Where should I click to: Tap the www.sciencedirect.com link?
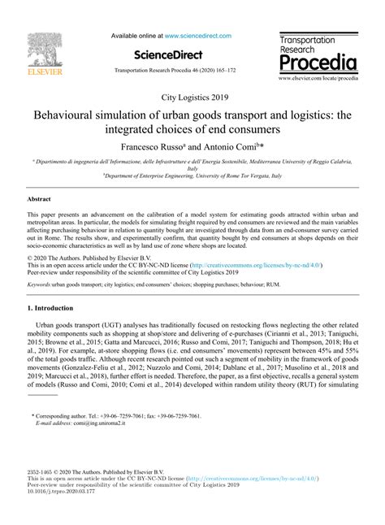[x=197, y=36]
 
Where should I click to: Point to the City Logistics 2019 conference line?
[x=192, y=98]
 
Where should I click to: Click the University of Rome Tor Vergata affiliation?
[x=192, y=175]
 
